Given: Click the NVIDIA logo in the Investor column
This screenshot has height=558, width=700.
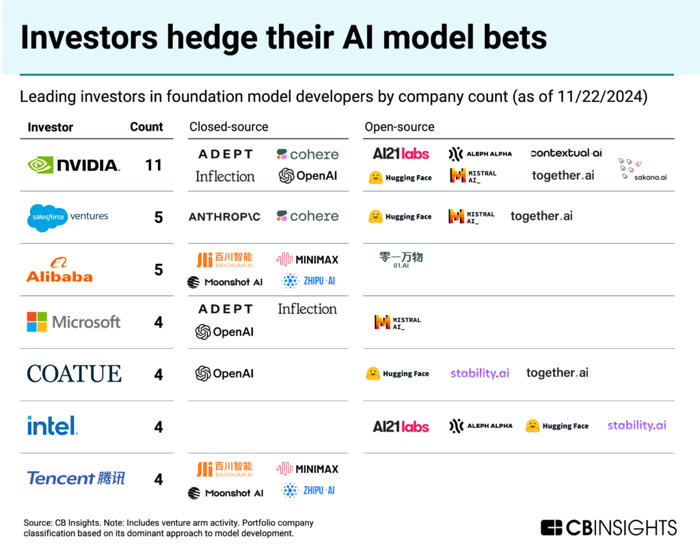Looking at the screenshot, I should [x=74, y=165].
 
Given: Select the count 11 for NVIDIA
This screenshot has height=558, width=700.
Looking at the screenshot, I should [x=154, y=165].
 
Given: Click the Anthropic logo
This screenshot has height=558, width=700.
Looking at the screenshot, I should [x=224, y=217].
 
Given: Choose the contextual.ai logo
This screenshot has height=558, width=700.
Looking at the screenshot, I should [x=565, y=153].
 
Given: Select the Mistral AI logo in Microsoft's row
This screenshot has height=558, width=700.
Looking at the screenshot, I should [x=397, y=322].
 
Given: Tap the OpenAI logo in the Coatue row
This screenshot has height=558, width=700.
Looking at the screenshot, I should [x=224, y=373].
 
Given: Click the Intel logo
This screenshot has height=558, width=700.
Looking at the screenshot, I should [x=53, y=426].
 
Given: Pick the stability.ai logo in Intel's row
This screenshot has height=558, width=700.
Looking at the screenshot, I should [x=636, y=425].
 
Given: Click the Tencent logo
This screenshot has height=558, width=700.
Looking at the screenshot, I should [x=76, y=478].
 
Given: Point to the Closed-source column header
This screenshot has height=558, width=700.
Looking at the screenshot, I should [x=228, y=127].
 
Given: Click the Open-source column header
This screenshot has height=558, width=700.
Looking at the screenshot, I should [x=399, y=127].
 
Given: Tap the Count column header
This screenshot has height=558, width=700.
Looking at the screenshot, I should [x=146, y=127].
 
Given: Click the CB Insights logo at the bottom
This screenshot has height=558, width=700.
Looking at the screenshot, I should [x=608, y=527].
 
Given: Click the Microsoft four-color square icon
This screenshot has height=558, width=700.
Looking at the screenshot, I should [x=37, y=322].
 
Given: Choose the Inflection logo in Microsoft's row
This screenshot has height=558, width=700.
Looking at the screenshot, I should [x=307, y=309].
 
